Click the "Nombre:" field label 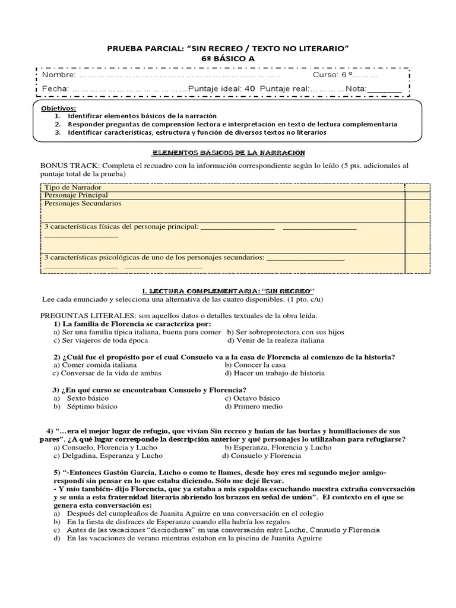coord(59,75)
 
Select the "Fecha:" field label coord(55,88)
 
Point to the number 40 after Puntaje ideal coord(249,88)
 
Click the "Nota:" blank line coord(384,89)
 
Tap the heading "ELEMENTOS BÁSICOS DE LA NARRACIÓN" coord(229,153)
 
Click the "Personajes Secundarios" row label coord(83,203)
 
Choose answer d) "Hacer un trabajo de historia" coord(274,373)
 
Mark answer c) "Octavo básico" coord(252,398)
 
